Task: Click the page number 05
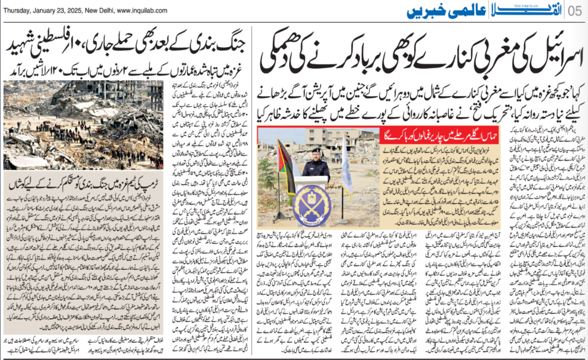click(576, 11)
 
